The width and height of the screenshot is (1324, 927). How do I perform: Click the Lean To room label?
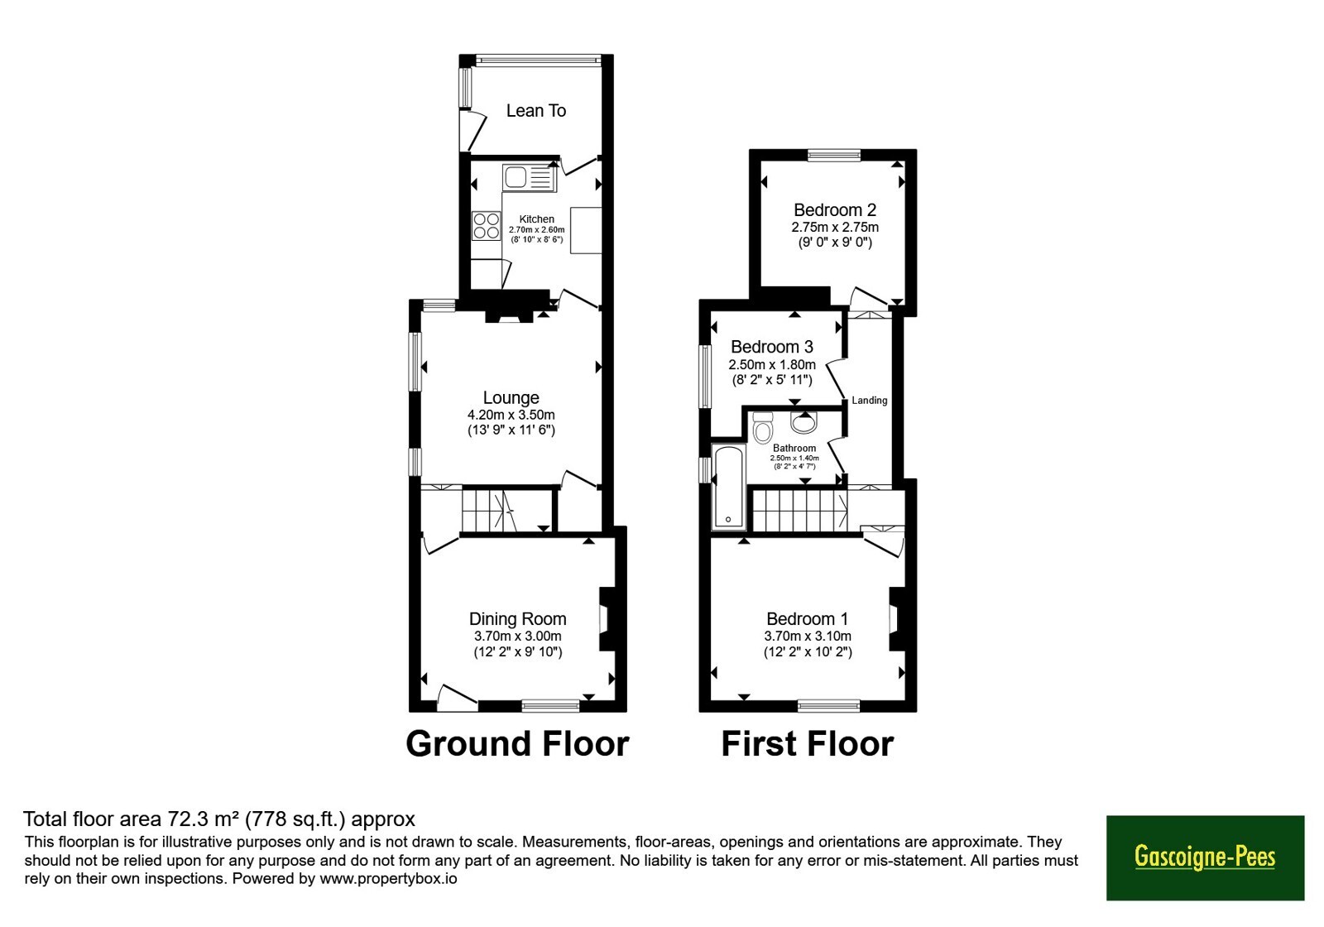pyautogui.click(x=536, y=111)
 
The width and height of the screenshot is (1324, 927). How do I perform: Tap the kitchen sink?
pyautogui.click(x=530, y=177)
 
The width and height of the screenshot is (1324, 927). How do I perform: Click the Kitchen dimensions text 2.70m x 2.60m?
pyautogui.click(x=537, y=230)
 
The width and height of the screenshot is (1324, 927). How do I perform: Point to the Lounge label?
pyautogui.click(x=511, y=398)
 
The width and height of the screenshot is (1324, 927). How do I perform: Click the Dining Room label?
pyautogui.click(x=518, y=619)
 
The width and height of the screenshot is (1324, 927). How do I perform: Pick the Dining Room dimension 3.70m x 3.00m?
pyautogui.click(x=518, y=636)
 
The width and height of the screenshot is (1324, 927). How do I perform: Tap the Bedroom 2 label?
pyautogui.click(x=835, y=210)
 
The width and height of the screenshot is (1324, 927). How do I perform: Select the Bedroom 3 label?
pyautogui.click(x=772, y=347)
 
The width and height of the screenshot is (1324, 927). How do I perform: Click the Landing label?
pyautogui.click(x=870, y=401)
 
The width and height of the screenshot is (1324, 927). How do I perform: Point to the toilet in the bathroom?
pyautogui.click(x=763, y=427)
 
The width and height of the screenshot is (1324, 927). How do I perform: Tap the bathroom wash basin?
pyautogui.click(x=804, y=422)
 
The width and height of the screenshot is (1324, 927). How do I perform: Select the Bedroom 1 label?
pyautogui.click(x=808, y=619)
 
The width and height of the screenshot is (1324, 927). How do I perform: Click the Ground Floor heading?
pyautogui.click(x=517, y=744)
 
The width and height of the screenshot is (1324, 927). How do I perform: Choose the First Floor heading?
pyautogui.click(x=808, y=744)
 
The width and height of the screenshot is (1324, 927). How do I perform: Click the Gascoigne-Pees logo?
pyautogui.click(x=1205, y=857)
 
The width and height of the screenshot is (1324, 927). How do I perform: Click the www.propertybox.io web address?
pyautogui.click(x=388, y=878)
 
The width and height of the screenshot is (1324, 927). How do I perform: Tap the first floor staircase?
pyautogui.click(x=799, y=511)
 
